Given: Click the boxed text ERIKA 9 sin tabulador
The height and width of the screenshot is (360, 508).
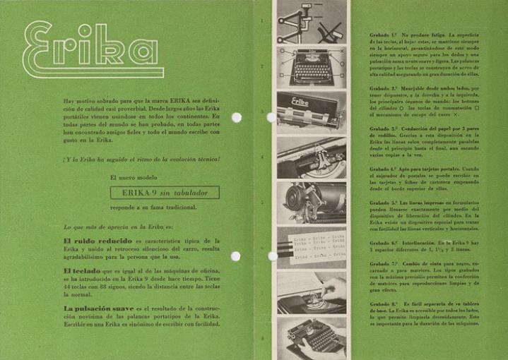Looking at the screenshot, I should [165, 192].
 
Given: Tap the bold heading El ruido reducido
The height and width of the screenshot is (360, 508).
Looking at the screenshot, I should [95, 241].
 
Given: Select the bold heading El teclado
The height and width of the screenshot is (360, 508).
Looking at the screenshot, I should [83, 271].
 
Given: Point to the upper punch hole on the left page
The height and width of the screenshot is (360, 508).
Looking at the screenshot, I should [236, 117].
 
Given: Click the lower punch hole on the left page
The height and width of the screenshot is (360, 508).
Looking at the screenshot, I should [236, 256].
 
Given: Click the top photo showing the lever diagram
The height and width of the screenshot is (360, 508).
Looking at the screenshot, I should [311, 21].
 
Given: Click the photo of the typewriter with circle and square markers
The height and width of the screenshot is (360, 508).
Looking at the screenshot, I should [311, 66].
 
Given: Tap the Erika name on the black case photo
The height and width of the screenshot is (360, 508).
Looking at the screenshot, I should [305, 104].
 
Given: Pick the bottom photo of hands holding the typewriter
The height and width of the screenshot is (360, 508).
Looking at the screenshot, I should [311, 336].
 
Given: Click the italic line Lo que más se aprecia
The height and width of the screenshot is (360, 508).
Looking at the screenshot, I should [117, 227].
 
